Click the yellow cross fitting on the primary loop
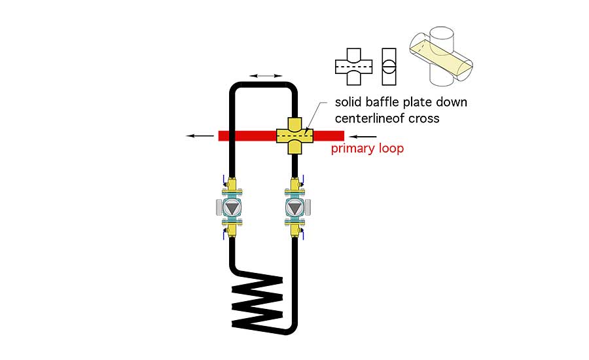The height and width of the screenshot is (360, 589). [295, 135]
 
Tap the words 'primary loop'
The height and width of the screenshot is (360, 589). [367, 149]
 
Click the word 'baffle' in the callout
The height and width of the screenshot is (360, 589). [381, 102]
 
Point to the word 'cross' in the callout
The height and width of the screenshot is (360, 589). [424, 118]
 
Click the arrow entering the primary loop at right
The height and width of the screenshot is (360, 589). [363, 137]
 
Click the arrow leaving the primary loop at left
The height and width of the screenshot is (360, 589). [200, 136]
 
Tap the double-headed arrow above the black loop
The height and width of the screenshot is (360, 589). [266, 76]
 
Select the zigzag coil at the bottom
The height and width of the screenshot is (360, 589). [257, 300]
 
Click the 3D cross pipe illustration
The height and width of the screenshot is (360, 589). [441, 56]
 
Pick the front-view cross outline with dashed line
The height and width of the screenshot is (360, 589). [353, 67]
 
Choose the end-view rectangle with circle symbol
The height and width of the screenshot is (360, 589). [389, 67]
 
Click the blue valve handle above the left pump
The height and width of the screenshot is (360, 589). [224, 180]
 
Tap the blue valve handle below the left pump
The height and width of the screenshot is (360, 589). [224, 234]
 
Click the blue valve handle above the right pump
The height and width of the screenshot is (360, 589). [302, 180]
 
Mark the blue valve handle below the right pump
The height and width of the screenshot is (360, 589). [302, 234]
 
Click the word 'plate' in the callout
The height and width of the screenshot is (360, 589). [416, 103]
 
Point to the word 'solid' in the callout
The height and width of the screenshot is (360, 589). [348, 102]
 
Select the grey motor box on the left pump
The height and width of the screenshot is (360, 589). [219, 207]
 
